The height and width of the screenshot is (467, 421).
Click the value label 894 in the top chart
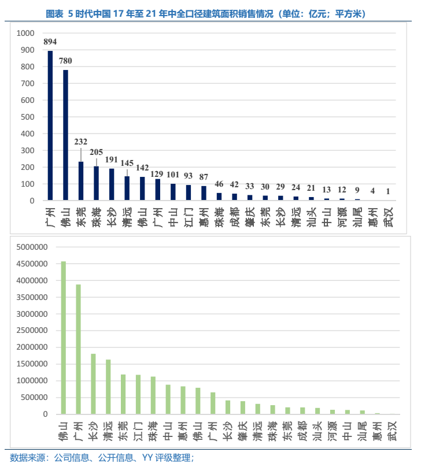pyautogui.click(x=50, y=42)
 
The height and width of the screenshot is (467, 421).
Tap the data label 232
pyautogui.click(x=81, y=142)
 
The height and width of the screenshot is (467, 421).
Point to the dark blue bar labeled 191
pyautogui.click(x=112, y=184)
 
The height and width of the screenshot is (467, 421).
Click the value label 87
pyautogui.click(x=204, y=176)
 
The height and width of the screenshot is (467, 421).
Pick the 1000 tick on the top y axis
pyautogui.click(x=26, y=34)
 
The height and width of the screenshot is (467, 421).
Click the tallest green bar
pyautogui.click(x=64, y=338)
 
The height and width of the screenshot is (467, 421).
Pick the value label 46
pyautogui.click(x=219, y=184)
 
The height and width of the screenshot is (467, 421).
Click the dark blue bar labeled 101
pyautogui.click(x=173, y=192)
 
